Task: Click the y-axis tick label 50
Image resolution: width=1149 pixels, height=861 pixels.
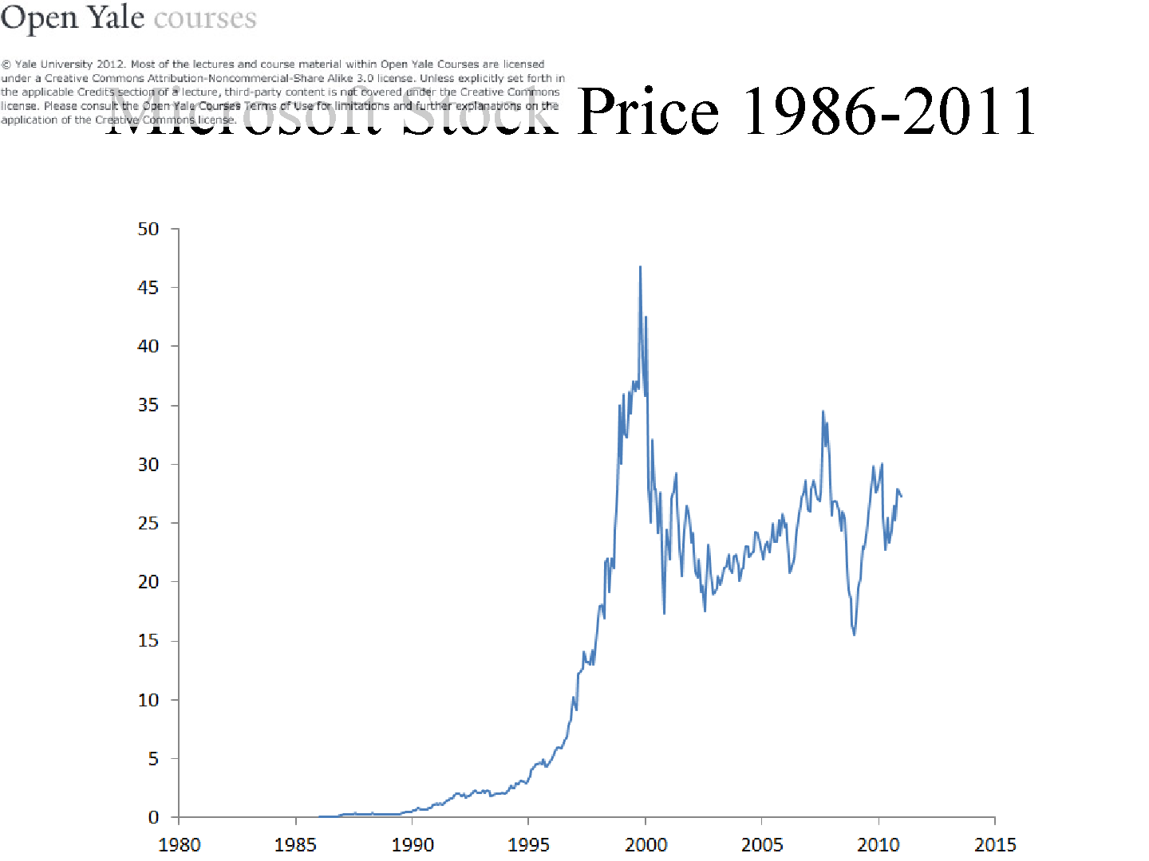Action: coord(148,230)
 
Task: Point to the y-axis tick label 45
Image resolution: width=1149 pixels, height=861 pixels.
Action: coord(148,288)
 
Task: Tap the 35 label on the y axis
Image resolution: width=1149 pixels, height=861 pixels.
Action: coord(148,405)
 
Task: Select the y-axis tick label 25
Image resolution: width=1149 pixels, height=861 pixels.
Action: coord(148,523)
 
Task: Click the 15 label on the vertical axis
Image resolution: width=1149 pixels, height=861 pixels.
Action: coord(148,641)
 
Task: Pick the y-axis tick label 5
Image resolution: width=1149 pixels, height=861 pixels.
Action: coord(153,759)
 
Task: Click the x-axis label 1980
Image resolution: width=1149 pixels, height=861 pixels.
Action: coord(180,844)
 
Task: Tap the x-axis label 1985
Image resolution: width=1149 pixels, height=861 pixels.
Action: coord(295,844)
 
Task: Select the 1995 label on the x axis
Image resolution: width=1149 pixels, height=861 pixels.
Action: coord(528,844)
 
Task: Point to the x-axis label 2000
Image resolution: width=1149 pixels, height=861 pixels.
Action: coord(646,844)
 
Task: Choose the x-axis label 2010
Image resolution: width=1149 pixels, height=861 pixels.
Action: coord(879,844)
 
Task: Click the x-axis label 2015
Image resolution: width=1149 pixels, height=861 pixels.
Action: coord(995,844)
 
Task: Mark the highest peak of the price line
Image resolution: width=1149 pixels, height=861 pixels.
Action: coord(640,267)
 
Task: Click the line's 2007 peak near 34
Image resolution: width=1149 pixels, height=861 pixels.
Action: coord(823,411)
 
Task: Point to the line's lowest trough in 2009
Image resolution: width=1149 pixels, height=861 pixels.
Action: coord(855,635)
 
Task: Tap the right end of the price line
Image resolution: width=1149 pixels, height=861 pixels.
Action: coord(901,497)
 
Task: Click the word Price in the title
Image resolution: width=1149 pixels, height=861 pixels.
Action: coord(648,112)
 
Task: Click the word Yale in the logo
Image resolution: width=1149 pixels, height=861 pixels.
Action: coord(116,18)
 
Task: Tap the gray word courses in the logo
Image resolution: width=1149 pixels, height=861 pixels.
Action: coord(205,19)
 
